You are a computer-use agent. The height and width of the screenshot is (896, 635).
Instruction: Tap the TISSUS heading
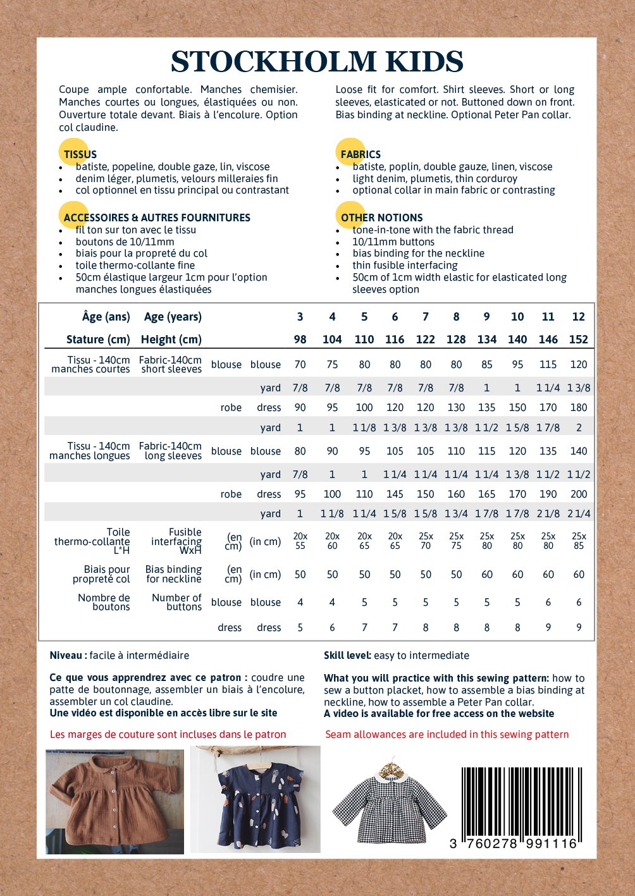(x=80, y=154)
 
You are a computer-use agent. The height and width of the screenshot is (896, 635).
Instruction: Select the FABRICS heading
(x=361, y=154)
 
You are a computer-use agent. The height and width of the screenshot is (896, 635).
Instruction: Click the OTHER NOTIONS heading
(x=381, y=218)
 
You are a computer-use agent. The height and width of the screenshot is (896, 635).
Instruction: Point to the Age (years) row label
(x=173, y=317)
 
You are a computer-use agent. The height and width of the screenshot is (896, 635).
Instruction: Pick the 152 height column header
(x=578, y=340)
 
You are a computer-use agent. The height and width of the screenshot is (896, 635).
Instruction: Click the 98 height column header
(x=300, y=340)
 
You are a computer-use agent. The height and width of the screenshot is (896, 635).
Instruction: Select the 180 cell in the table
(x=578, y=408)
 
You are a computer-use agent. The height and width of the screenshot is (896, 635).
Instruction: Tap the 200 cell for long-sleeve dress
(x=578, y=494)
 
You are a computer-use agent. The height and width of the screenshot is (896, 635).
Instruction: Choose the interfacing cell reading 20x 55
(x=300, y=541)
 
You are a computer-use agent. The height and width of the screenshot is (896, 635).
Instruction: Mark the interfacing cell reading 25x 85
(x=578, y=541)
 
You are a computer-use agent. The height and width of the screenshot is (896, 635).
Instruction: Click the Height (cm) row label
(x=171, y=340)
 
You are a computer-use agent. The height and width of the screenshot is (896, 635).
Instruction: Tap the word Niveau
(x=66, y=656)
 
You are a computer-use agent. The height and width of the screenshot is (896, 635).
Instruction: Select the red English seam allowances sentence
(x=447, y=735)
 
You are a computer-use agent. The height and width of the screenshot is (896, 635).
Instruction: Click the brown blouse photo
(x=114, y=801)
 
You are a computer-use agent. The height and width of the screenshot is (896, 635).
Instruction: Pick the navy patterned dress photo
(x=256, y=799)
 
